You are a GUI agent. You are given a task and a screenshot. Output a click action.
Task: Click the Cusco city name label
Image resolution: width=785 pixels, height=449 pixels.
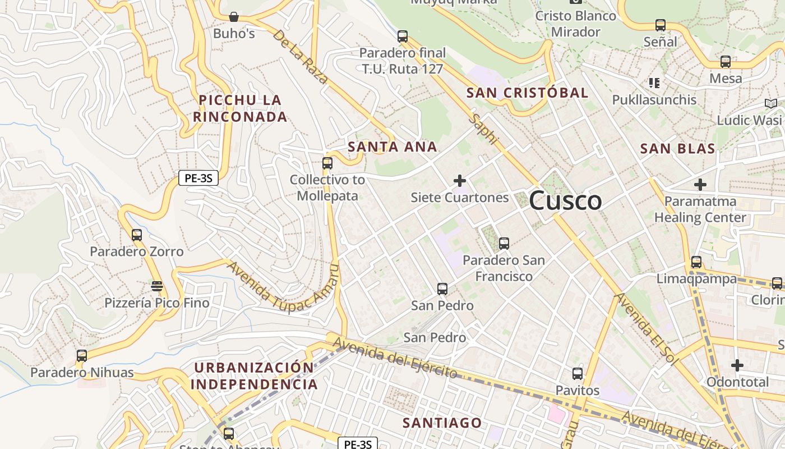(565, 201)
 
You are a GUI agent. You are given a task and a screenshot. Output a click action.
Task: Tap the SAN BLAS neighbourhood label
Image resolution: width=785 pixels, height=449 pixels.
(677, 149)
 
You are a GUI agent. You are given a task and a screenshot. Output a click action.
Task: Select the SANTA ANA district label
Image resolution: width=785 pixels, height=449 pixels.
(392, 147)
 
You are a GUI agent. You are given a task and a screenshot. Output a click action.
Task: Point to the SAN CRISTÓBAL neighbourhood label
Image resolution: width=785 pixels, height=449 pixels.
(527, 93)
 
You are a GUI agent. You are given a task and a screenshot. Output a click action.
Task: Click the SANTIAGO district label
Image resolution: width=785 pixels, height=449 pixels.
(442, 423)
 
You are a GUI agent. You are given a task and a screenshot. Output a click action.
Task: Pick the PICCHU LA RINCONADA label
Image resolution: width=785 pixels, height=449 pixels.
(240, 108)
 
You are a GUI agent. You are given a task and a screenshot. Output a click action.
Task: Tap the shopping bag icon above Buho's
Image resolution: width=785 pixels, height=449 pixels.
(233, 17)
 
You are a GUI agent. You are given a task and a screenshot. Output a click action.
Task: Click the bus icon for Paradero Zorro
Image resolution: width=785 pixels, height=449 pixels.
(137, 235)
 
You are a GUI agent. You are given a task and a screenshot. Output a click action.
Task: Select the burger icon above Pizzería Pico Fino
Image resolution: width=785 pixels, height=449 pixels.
(157, 286)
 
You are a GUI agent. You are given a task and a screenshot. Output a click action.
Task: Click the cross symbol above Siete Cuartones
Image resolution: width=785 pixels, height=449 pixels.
(460, 181)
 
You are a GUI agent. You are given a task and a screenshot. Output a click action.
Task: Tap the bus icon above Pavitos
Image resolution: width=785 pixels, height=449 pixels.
(578, 374)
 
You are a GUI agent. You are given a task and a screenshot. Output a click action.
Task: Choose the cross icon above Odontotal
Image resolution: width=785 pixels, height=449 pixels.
(737, 366)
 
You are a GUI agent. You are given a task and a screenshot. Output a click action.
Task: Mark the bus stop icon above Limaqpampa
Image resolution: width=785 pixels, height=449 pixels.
(696, 262)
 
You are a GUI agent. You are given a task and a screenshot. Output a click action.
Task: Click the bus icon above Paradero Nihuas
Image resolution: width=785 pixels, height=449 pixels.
(82, 356)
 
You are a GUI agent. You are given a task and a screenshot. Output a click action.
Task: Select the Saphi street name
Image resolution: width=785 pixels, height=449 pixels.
(484, 129)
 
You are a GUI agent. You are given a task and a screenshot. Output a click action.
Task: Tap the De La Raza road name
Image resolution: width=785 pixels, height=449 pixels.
(300, 57)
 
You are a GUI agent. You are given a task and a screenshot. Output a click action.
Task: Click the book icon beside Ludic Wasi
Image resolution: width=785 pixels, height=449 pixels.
(771, 104)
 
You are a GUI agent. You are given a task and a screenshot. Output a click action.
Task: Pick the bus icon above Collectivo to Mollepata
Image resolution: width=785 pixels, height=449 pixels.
(327, 164)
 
